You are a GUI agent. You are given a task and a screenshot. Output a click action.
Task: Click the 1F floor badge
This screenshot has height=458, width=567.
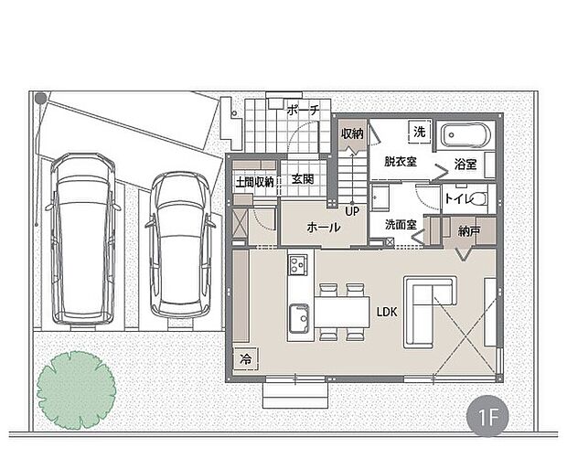(487, 418)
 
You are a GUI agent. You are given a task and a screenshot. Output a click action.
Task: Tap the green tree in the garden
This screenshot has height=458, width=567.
(76, 390)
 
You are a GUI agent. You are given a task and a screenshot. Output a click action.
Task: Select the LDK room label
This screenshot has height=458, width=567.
(387, 312)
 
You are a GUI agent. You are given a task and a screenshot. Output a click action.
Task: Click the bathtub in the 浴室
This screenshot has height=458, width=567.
(464, 135)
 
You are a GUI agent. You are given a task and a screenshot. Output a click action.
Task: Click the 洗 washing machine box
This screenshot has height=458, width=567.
(420, 132)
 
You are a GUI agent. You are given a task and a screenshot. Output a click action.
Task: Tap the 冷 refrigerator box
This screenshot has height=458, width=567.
(246, 358)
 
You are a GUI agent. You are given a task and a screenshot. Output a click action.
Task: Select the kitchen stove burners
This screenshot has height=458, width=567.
(297, 264)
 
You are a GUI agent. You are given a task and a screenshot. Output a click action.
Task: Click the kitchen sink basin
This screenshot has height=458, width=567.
(299, 319)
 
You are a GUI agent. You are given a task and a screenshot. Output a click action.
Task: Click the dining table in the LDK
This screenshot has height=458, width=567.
(342, 313)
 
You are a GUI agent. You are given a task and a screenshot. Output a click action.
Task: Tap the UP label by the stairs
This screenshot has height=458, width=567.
(352, 211)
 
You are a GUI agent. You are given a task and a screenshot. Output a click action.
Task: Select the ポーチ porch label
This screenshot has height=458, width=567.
(304, 110)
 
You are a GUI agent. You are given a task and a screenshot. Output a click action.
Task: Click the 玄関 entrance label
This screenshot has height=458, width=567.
(303, 179)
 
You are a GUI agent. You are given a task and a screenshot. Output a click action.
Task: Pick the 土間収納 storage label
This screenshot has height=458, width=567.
(254, 182)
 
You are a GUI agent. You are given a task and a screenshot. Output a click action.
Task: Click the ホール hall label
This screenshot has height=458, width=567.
(323, 228)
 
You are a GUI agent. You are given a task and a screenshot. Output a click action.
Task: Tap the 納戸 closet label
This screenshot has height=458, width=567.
(469, 231)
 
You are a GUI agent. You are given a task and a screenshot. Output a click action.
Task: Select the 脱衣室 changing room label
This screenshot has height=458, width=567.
(401, 162)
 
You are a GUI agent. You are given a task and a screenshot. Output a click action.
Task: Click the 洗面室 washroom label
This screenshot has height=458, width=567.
(401, 225)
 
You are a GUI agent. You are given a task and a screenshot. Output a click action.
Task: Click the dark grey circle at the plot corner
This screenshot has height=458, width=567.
(40, 98)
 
